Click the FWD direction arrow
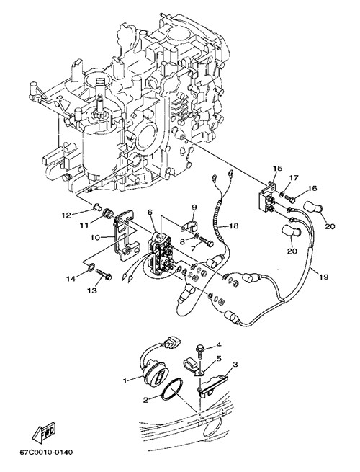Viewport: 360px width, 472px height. click(44, 432)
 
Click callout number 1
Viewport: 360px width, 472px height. click(125, 380)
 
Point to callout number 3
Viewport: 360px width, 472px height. click(235, 365)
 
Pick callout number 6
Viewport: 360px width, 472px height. click(150, 212)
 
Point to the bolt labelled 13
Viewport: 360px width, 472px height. click(104, 275)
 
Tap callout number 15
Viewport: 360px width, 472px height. click(278, 169)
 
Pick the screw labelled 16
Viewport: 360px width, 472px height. click(290, 199)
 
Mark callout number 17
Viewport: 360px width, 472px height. click(294, 178)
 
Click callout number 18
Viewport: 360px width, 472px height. click(234, 225)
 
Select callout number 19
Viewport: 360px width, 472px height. click(323, 277)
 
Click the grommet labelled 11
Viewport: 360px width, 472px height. click(108, 213)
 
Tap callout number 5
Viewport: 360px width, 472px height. click(219, 359)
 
